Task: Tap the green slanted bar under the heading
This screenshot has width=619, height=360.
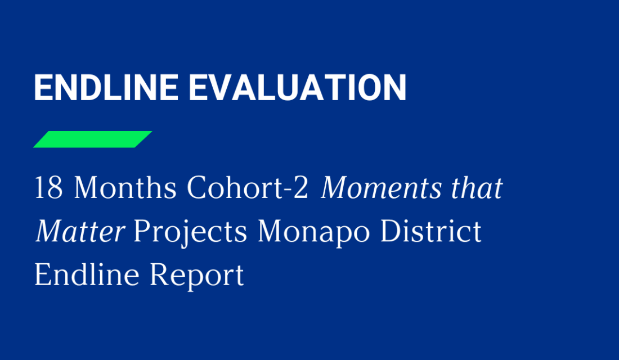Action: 93,139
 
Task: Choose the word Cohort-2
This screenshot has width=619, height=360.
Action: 248,188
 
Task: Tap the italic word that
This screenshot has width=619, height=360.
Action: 474,188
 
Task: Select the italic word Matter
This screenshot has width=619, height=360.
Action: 79,232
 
